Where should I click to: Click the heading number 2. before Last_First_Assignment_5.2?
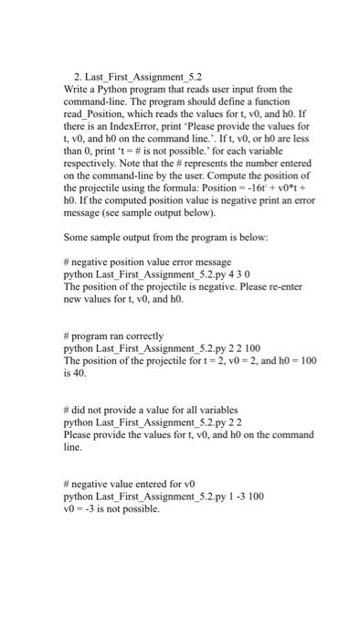78,78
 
